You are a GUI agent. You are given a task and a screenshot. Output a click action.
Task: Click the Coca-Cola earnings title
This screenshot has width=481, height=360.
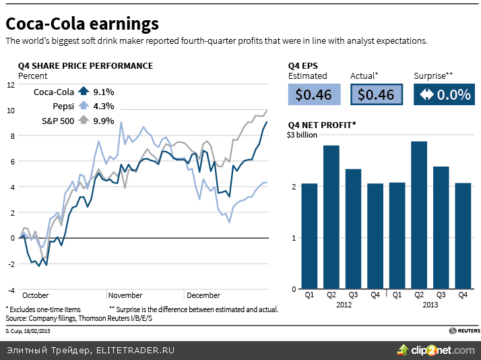[82, 24]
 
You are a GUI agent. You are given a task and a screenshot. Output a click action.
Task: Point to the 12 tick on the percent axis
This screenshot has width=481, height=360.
[10, 85]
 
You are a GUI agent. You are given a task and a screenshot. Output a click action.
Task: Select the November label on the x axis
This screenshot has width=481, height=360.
[125, 295]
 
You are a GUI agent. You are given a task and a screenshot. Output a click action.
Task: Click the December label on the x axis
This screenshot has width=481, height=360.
[203, 295]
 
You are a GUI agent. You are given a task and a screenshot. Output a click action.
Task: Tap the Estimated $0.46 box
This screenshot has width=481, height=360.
[313, 94]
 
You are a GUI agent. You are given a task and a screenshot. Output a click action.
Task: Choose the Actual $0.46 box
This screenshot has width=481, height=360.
[376, 94]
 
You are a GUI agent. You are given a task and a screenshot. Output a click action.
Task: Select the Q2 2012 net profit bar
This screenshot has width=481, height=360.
[331, 217]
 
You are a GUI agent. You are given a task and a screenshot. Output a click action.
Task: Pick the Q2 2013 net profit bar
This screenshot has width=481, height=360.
[418, 215]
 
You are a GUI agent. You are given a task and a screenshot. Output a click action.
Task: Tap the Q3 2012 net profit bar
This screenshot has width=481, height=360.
[353, 229]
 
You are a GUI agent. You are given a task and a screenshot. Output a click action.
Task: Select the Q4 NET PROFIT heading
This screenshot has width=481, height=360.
[322, 125]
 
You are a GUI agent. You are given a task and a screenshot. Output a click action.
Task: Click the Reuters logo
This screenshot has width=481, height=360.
[464, 331]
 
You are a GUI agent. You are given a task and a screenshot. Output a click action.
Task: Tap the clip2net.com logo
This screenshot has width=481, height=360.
[437, 350]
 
